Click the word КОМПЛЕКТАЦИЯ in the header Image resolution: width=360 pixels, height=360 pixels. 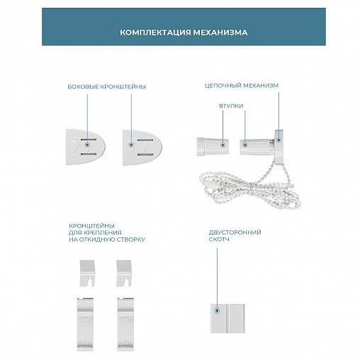[x=155, y=32]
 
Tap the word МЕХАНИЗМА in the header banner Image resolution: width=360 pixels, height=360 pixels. [x=220, y=32]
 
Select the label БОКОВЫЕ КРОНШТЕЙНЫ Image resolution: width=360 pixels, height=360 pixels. [x=107, y=86]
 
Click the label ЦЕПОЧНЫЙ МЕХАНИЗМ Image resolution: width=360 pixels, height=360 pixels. [x=242, y=86]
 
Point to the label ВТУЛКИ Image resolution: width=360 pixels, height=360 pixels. [x=231, y=106]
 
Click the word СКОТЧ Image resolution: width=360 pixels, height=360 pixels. [x=219, y=240]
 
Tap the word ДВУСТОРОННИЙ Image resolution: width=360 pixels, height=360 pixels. [x=235, y=232]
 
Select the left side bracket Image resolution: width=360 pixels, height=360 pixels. [x=86, y=147]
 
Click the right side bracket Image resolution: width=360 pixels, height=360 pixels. [x=142, y=147]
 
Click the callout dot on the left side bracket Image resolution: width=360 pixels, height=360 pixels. [x=88, y=145]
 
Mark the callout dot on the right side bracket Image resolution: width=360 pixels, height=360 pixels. [x=132, y=145]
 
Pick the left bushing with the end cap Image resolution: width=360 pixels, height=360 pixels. [x=213, y=147]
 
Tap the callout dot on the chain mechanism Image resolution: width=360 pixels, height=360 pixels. [x=279, y=140]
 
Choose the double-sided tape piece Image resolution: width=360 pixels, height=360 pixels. [x=227, y=318]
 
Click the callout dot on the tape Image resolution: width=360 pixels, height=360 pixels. [x=217, y=310]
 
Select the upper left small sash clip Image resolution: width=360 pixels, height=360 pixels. [x=87, y=274]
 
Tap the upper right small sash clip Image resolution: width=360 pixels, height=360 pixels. [x=124, y=274]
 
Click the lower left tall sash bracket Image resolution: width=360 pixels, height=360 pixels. [x=85, y=324]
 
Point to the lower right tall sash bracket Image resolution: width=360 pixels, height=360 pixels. [x=125, y=324]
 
